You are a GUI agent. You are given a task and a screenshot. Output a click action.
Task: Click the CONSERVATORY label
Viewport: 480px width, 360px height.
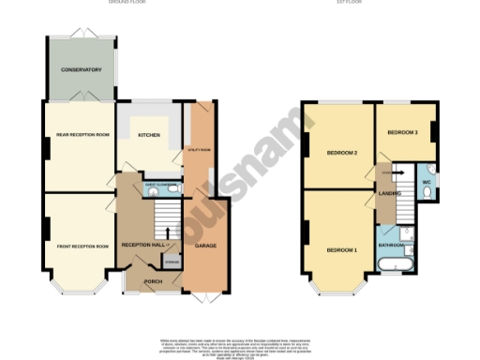82,69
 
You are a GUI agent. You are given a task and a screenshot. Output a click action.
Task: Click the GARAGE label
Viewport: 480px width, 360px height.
205,246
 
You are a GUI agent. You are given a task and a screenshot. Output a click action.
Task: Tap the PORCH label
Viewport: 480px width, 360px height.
152,280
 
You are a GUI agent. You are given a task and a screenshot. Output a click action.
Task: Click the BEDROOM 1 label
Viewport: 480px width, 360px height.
341,250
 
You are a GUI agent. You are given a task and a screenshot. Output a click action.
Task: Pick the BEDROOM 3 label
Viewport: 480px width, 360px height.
403,133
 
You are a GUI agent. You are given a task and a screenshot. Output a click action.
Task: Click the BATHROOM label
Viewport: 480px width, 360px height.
393,245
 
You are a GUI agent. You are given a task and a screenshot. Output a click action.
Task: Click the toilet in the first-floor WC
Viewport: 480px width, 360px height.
427,192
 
